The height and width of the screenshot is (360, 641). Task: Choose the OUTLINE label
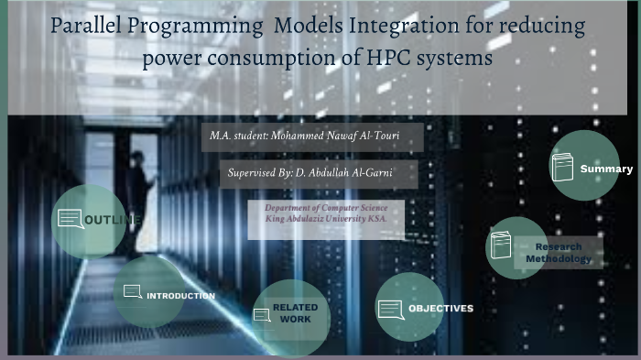coord(113,221)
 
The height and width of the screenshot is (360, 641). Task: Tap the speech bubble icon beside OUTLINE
coord(71,219)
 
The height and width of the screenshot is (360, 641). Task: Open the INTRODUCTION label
coord(181,296)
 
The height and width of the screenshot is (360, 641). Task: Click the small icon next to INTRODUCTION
coord(132,292)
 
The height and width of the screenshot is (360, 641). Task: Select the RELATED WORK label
coord(295,313)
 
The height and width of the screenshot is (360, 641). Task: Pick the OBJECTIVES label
coord(440,308)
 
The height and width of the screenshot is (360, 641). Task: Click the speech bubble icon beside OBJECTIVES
coord(390,310)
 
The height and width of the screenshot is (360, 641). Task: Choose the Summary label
coord(605,169)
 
